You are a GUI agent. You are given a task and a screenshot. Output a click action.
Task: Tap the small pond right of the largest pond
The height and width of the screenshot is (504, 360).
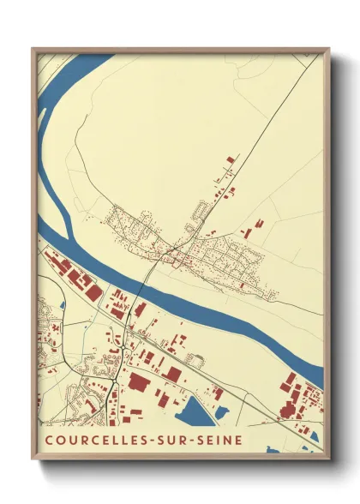pos(222,412)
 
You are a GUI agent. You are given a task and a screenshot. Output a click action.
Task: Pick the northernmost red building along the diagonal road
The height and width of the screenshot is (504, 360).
pos(230,159)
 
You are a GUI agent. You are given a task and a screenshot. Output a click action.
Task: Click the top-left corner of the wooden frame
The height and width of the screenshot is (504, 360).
pos(33,49)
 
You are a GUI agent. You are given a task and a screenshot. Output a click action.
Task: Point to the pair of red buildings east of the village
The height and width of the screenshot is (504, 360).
pos(254,228)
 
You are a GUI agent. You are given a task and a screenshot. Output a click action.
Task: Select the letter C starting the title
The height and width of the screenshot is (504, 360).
pos(47,440)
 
